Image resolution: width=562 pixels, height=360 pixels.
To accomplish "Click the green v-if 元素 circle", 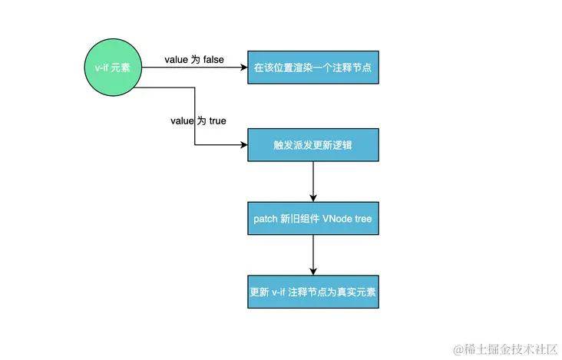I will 108,68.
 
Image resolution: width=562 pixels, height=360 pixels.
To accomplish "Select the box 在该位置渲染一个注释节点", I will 313,68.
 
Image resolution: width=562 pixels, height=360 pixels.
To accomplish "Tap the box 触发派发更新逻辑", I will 313,144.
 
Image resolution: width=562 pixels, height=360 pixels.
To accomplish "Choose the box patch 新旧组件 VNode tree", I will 313,219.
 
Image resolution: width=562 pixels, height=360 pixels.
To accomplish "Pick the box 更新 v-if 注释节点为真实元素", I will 313,292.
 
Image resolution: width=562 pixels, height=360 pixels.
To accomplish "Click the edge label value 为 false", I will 193,59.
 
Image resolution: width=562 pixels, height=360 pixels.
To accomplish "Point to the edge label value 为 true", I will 198,121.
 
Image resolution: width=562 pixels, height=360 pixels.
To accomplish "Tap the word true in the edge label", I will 217,121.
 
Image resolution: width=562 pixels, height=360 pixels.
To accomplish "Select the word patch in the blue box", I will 266,220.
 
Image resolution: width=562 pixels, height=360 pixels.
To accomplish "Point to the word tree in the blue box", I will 364,220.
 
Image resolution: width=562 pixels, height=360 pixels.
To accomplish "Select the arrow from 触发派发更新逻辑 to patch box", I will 313,181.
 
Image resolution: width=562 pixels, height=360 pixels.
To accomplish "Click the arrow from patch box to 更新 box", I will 313,256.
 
